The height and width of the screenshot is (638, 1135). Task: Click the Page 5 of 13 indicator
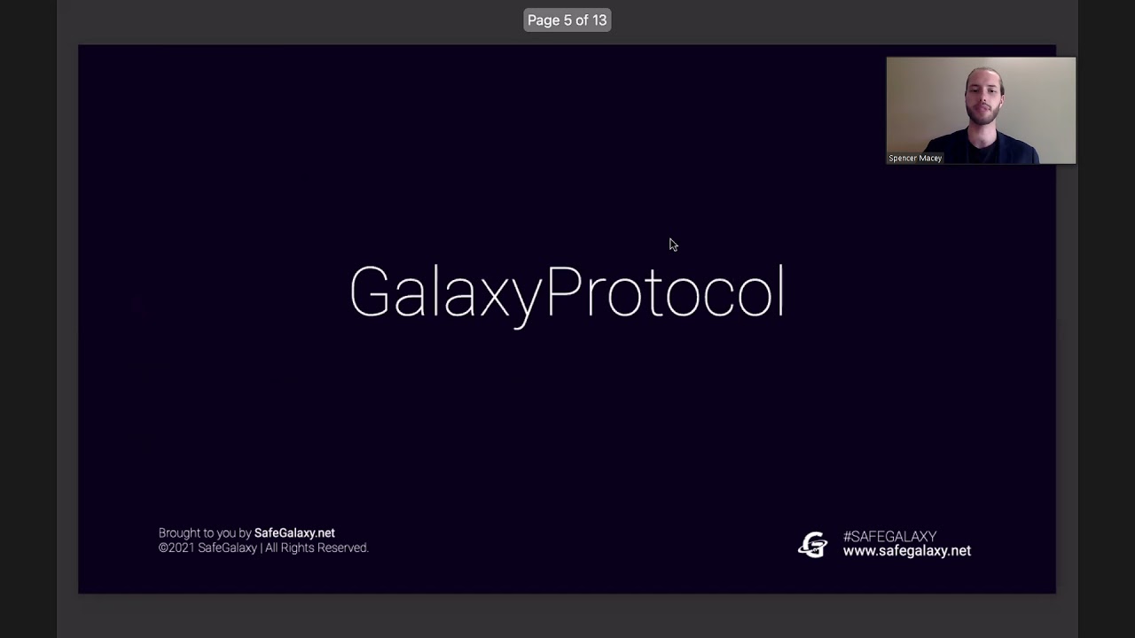coord(567,20)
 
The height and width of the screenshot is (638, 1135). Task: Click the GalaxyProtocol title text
coord(567,292)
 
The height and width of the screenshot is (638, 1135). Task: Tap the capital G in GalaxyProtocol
coord(369,292)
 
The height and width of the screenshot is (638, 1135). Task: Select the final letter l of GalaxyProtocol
coord(781,290)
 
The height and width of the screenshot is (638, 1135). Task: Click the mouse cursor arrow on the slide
coord(672,244)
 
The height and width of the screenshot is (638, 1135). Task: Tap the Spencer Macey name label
coord(915,158)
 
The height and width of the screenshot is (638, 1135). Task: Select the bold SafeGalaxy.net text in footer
coord(294,533)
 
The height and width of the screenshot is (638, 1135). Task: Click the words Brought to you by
coord(205,533)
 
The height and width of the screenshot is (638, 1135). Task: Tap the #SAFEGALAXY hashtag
coord(889,536)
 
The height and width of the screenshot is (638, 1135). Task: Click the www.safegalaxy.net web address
coord(906,551)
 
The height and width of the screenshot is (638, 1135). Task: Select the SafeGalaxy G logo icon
coord(812,544)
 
